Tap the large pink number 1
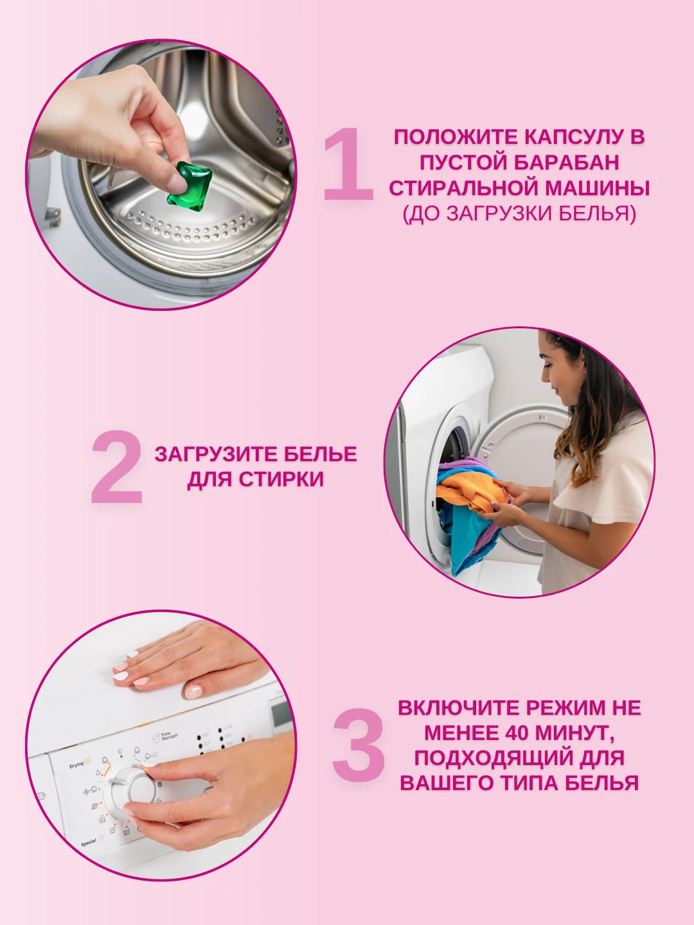(x=349, y=164)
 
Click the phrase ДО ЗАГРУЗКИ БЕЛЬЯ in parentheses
(x=519, y=213)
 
